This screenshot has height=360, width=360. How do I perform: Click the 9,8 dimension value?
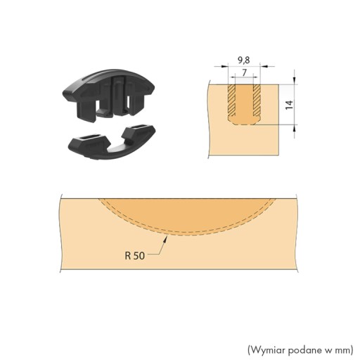[x=244, y=60]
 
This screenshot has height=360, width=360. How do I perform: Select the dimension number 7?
[x=244, y=73]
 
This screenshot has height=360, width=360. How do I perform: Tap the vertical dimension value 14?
[x=289, y=105]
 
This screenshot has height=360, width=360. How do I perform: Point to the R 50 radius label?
[x=135, y=255]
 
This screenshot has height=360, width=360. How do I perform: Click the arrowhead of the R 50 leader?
[x=166, y=239]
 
